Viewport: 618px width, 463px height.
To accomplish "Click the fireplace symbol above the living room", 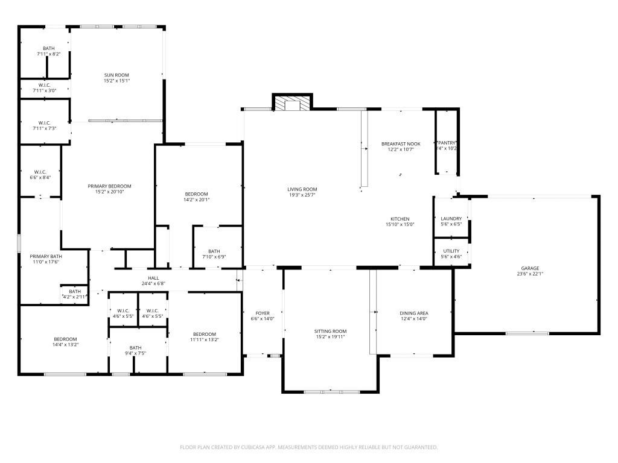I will click(293, 104).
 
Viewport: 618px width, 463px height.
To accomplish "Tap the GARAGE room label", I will click(530, 268).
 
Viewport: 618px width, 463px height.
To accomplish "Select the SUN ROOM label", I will click(116, 75).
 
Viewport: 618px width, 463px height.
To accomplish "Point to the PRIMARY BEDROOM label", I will click(109, 186).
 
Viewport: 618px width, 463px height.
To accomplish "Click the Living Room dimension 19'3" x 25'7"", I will click(302, 195).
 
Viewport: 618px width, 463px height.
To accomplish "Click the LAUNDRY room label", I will click(451, 219).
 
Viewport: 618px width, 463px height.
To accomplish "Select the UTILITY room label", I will click(451, 251).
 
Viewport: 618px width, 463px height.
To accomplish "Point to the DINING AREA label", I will click(414, 313).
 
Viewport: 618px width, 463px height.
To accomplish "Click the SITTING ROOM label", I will click(330, 331).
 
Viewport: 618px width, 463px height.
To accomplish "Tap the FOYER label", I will click(263, 313).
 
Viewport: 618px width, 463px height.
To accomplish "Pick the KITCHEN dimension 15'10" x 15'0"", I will click(400, 225).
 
